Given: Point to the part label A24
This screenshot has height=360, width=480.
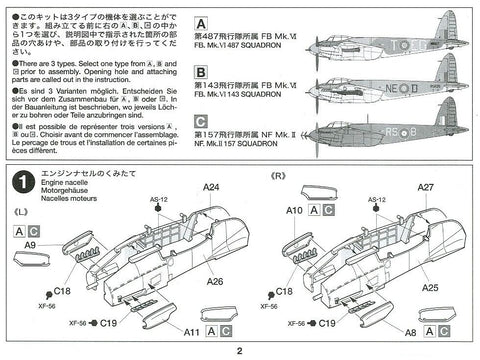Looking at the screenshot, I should tap(211, 187).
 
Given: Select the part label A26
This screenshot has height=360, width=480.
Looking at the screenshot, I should tap(216, 282).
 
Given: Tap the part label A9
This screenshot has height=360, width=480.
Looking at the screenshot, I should tap(31, 246).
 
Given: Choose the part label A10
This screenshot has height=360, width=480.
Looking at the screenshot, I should tap(294, 211).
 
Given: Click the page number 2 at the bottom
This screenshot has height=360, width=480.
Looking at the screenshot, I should tap(239, 350).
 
